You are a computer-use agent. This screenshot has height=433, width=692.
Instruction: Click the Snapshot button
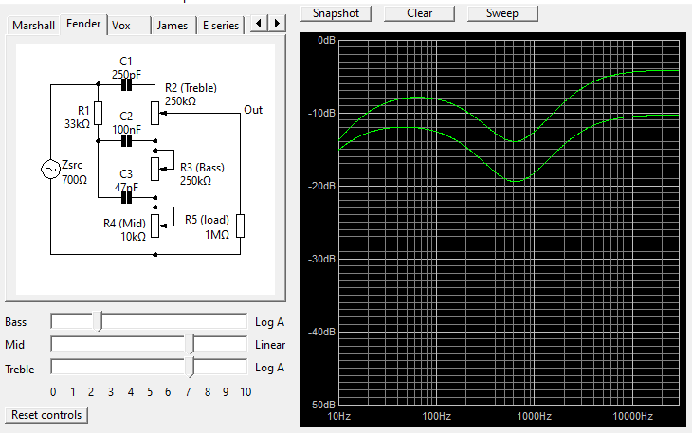(336, 13)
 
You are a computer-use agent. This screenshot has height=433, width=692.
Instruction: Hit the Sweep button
(502, 13)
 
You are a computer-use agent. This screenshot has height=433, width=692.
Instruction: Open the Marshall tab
(33, 26)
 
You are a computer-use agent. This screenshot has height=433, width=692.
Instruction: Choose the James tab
(173, 26)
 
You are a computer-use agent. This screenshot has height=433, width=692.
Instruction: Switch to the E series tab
(221, 26)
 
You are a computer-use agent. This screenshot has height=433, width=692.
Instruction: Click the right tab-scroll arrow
(277, 23)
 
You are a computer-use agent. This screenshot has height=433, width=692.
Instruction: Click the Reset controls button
(46, 415)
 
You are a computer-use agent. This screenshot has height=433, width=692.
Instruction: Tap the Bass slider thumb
(98, 321)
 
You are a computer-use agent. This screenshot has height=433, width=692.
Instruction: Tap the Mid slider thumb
(190, 344)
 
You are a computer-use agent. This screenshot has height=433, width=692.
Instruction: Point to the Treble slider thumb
(190, 368)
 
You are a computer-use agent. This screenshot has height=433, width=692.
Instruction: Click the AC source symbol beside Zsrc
(51, 170)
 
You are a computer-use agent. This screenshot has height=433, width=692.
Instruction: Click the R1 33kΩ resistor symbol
(98, 113)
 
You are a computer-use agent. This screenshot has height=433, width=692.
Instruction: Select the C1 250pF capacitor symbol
(126, 84)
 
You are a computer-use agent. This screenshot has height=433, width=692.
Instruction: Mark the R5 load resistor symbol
(240, 226)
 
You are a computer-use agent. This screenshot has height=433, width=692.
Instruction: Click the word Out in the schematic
(253, 110)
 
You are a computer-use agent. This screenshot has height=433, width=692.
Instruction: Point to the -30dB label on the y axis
(321, 259)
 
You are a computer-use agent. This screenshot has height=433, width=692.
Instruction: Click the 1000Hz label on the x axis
(534, 416)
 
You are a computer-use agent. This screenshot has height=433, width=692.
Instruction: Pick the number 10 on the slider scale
(246, 392)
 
